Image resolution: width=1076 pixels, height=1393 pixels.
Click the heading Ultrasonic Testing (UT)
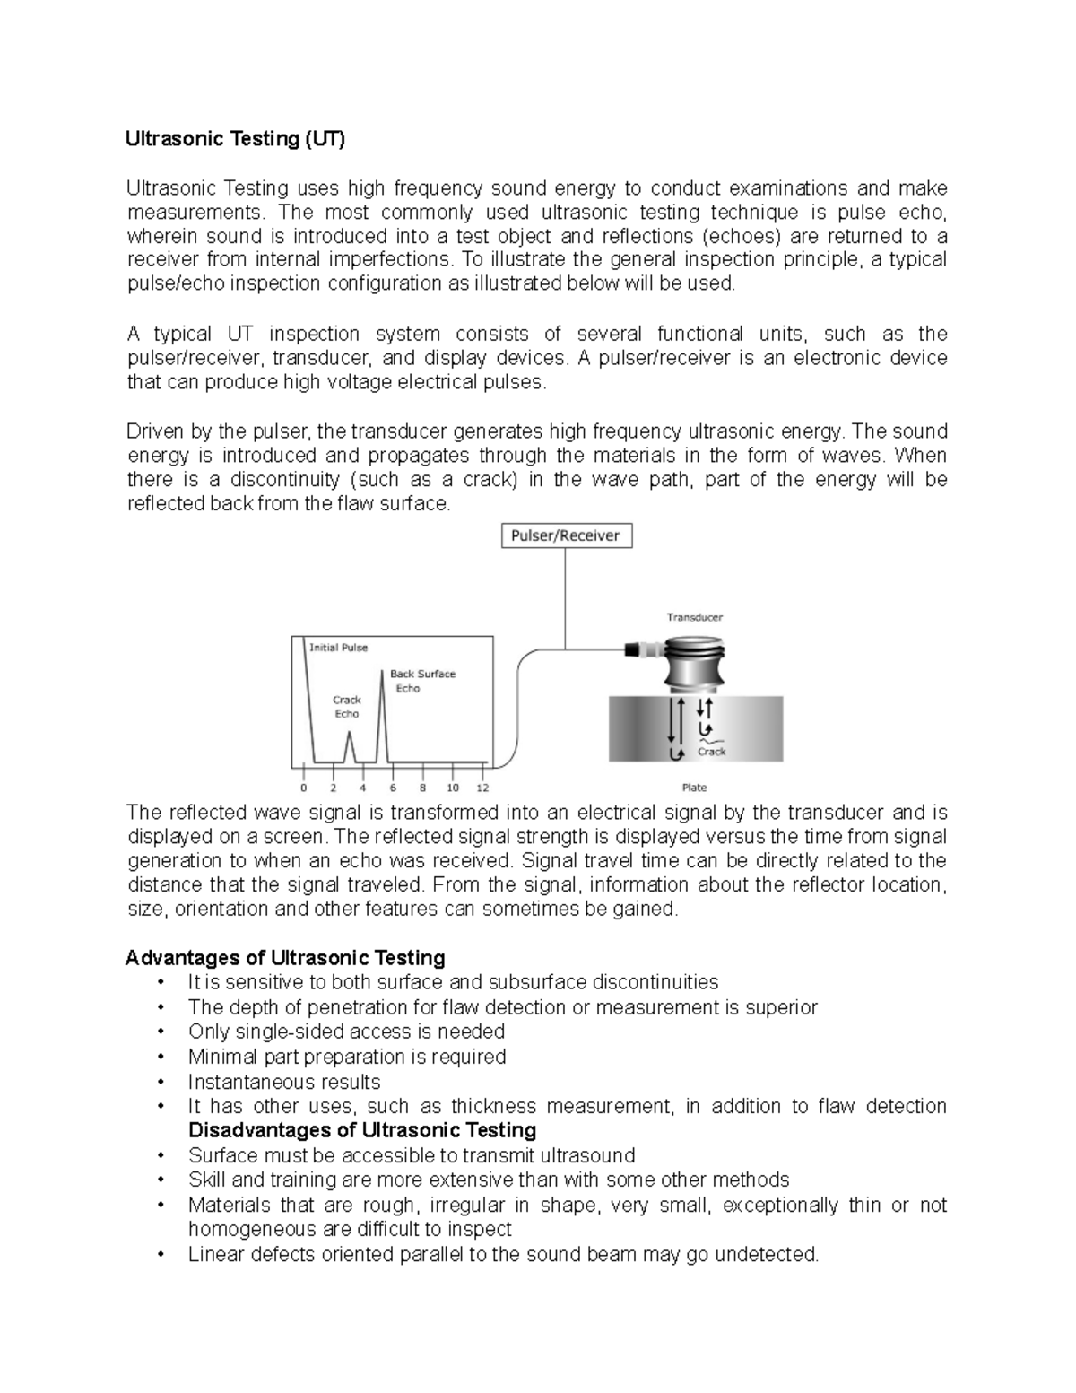point(234,139)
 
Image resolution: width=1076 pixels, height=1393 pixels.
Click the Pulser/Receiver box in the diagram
point(565,536)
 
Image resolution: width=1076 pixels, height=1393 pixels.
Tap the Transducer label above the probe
point(694,617)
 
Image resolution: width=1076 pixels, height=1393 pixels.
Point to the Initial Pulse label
point(338,648)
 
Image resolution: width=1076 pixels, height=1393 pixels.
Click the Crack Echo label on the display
point(347,707)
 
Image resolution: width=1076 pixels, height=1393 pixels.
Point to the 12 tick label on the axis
point(482,788)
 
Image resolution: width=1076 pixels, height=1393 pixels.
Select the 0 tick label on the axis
point(303,788)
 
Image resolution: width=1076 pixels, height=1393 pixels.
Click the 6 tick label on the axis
point(393,788)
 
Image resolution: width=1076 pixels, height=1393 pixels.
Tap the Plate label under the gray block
point(694,788)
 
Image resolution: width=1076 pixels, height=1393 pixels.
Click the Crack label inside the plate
point(712,752)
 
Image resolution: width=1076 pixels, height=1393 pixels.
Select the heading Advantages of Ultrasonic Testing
point(285,957)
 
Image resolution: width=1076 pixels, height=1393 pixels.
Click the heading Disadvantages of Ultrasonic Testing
point(362,1130)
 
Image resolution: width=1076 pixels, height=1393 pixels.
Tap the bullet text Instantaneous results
point(284,1081)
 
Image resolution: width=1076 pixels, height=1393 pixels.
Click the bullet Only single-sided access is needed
point(346,1032)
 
